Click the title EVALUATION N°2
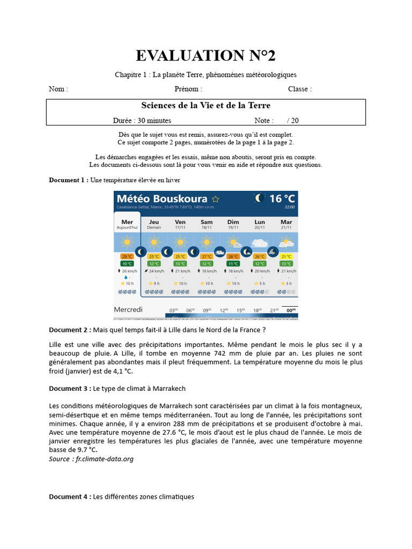pos(205,55)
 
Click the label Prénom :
pos(188,89)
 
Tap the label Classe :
pos(299,89)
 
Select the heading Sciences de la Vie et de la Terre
pos(205,106)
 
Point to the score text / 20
pos(293,121)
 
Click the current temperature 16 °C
pos(282,199)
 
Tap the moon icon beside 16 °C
pos(260,198)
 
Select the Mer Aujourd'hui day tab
pos(127,224)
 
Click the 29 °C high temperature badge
pos(127,256)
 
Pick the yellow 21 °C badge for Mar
pos(286,256)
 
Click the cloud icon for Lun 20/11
pos(260,243)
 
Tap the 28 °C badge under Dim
pos(233,256)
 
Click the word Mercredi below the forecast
pos(129,310)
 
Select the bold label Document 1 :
pos(69,180)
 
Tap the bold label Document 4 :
pos(70,497)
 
